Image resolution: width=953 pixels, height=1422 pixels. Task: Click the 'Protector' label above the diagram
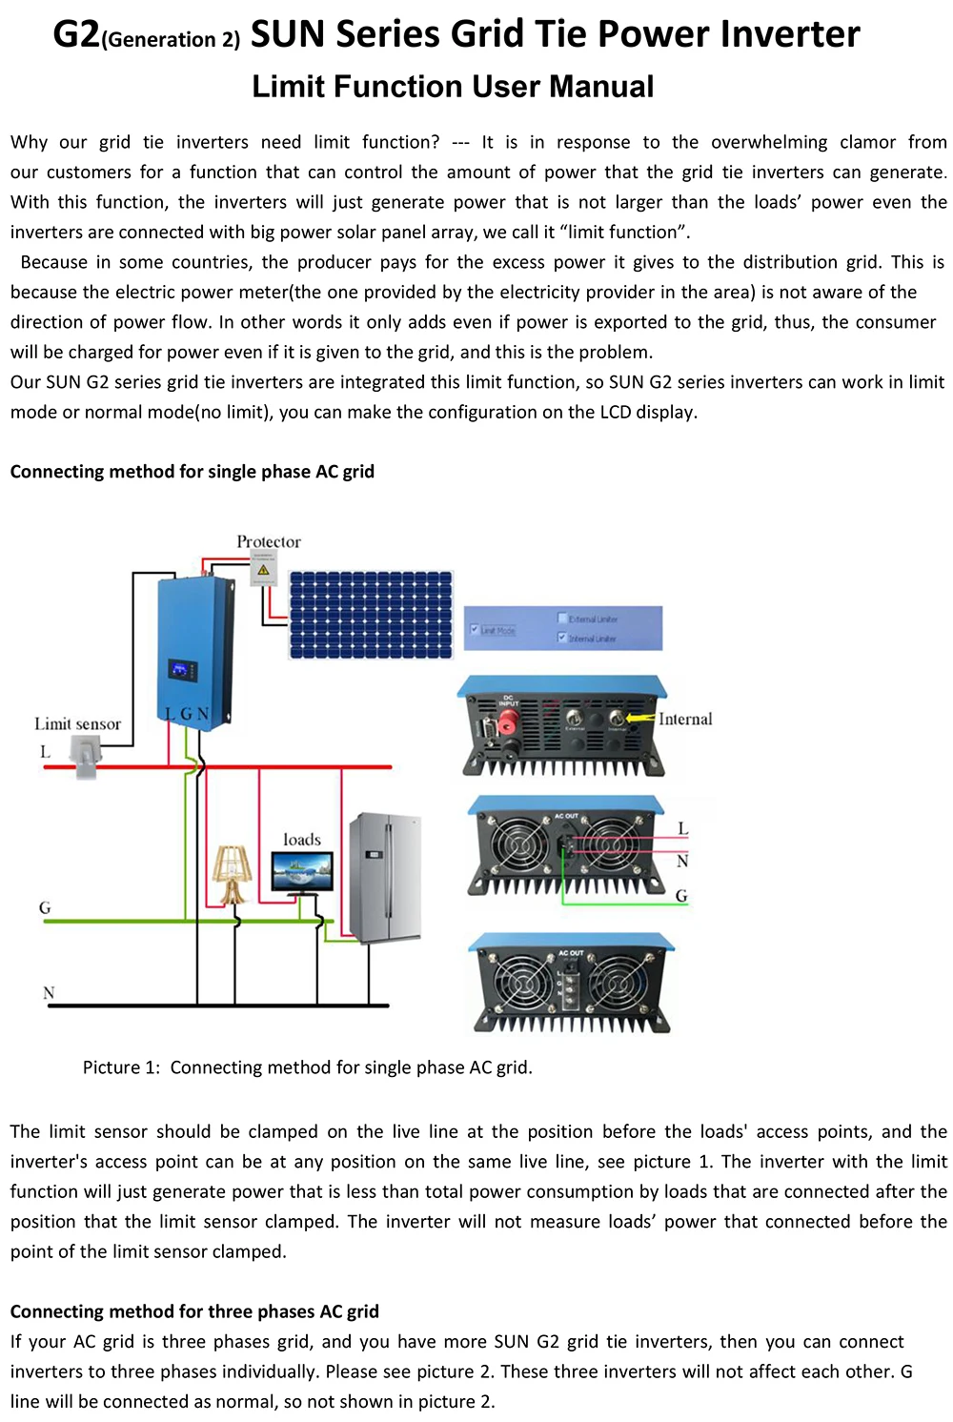(269, 541)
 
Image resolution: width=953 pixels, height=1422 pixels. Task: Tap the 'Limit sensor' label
(78, 723)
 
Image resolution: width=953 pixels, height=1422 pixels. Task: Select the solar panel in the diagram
(371, 615)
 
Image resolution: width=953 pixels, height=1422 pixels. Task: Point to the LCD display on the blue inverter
(183, 670)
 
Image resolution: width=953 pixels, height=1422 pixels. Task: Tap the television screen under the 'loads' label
(302, 870)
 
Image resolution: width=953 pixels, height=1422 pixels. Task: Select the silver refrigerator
(385, 877)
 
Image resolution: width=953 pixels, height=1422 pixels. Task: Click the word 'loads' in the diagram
(302, 840)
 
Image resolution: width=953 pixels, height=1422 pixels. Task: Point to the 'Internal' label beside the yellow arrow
(685, 720)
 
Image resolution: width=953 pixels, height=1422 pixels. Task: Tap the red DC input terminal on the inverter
(507, 722)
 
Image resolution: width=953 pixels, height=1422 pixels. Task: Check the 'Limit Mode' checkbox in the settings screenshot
(475, 630)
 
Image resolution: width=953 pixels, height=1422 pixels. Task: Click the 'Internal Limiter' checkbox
(562, 638)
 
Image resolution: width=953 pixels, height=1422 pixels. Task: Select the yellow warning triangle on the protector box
(263, 570)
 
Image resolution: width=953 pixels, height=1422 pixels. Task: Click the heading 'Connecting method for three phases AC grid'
(194, 1311)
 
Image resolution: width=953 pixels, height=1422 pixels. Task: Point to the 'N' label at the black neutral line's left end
(49, 993)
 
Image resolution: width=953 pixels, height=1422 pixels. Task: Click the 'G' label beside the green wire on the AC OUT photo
(681, 896)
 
